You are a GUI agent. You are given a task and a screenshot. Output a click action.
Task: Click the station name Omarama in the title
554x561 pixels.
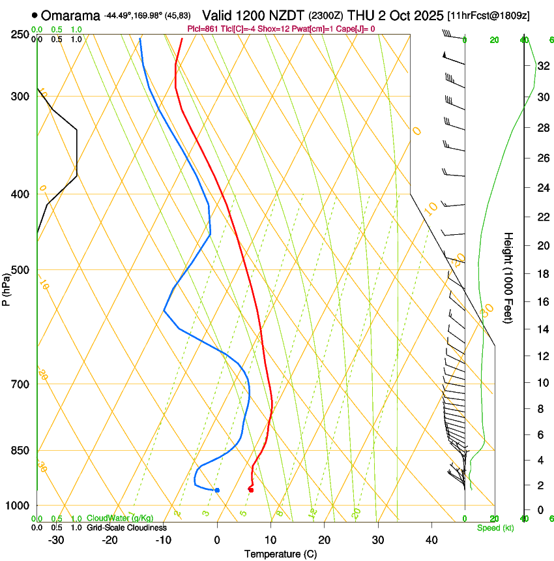point(71,15)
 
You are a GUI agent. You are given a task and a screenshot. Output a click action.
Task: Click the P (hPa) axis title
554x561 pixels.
point(7,287)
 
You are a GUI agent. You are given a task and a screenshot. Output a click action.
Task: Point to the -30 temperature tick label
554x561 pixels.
point(56,540)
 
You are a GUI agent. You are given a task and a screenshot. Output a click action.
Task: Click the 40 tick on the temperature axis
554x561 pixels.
point(431,540)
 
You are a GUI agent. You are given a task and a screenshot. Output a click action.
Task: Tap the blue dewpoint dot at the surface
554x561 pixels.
point(217,490)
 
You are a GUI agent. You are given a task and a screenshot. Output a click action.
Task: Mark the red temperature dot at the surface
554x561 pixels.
point(251,489)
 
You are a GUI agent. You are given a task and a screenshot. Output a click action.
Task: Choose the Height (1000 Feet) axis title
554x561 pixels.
point(508,277)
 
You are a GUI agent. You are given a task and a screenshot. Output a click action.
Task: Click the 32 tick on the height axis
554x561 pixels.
point(542,66)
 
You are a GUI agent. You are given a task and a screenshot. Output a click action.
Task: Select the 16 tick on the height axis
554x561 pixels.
point(542,302)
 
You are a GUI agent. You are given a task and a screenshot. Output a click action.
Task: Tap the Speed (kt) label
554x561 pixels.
point(495,528)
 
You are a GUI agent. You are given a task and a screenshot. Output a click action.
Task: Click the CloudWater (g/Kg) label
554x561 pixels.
point(121,519)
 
